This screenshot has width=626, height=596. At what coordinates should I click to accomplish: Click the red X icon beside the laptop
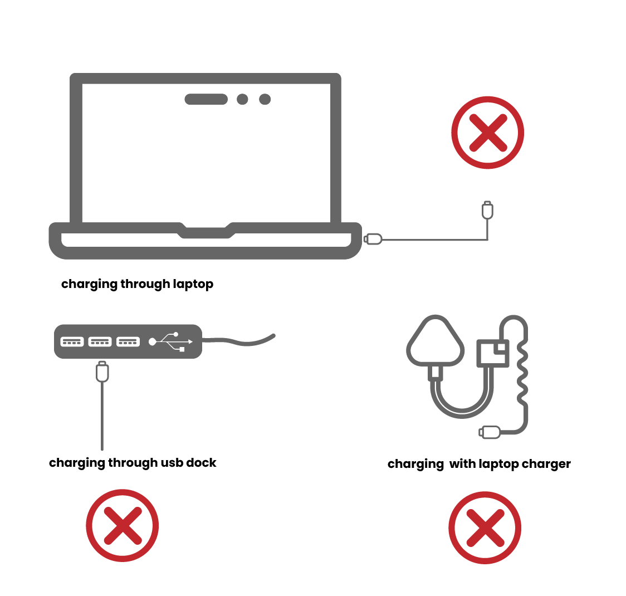pyautogui.click(x=487, y=133)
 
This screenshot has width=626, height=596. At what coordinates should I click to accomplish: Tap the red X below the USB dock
pyautogui.click(x=122, y=525)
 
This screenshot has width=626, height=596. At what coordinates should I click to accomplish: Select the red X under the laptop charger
pyautogui.click(x=485, y=527)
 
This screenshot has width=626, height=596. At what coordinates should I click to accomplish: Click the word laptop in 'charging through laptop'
pyautogui.click(x=193, y=284)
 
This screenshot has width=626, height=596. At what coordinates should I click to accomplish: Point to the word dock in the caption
pyautogui.click(x=201, y=462)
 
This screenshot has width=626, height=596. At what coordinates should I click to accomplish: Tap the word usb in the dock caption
pyautogui.click(x=172, y=462)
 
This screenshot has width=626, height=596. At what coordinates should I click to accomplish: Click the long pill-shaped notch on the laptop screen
pyautogui.click(x=206, y=99)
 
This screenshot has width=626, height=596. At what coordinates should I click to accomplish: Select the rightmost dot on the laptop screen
pyautogui.click(x=265, y=99)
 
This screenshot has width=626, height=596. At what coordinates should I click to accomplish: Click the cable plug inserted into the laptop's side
pyautogui.click(x=373, y=239)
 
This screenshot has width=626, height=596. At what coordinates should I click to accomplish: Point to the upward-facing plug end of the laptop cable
pyautogui.click(x=487, y=210)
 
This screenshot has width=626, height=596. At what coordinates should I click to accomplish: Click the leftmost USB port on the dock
pyautogui.click(x=72, y=341)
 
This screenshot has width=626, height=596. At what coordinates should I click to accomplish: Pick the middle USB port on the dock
pyautogui.click(x=100, y=341)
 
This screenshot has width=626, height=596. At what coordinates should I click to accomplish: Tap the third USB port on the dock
pyautogui.click(x=128, y=341)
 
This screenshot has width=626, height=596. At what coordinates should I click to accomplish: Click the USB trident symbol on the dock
pyautogui.click(x=171, y=341)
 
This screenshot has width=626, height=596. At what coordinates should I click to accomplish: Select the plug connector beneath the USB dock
pyautogui.click(x=102, y=372)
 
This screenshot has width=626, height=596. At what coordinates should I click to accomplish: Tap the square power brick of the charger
pyautogui.click(x=493, y=354)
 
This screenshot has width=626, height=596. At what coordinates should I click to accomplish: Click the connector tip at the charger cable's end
pyautogui.click(x=490, y=432)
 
